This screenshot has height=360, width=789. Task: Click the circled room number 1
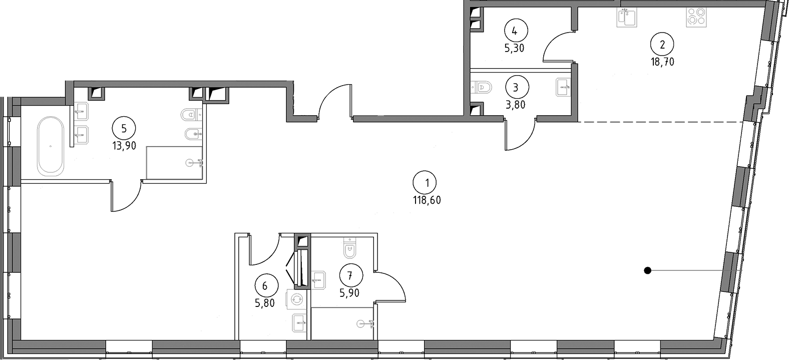pos(425,183)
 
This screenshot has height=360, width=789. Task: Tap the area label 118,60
pos(427,200)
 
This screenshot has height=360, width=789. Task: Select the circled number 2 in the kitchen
pos(662,45)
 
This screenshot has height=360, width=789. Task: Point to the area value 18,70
pos(662,62)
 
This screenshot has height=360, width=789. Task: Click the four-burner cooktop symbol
pos(696,17)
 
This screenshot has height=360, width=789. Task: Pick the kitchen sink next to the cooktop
pos(627,18)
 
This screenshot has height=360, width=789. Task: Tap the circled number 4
pos(516,31)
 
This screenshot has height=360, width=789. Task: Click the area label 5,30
pos(514,48)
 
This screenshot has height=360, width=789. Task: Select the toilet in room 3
pos(481,87)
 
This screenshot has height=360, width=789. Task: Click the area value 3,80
pos(515,105)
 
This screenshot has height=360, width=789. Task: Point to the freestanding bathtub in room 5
pos(51,146)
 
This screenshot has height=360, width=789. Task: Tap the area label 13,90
pos(124,146)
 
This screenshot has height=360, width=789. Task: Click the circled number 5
pos(124,129)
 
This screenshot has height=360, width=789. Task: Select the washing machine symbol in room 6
pos(297,299)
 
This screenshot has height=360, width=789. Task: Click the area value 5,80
pos(264,303)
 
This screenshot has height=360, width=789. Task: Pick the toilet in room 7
pos(349,248)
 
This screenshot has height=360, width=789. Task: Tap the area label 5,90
pos(349,293)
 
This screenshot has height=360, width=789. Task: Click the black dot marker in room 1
pos(647,270)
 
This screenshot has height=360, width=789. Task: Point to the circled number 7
pos(351,275)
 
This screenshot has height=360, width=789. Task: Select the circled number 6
pos(266,286)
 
